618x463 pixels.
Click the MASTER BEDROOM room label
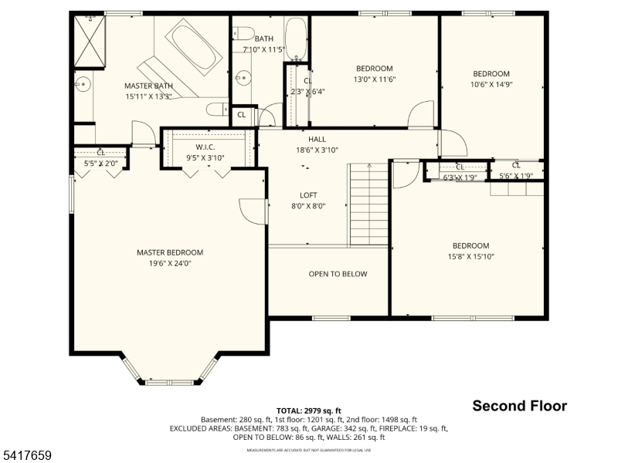click(169, 252)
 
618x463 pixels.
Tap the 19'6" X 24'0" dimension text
click(169, 263)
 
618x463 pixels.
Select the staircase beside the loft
click(368, 204)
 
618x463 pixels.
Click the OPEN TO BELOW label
click(338, 274)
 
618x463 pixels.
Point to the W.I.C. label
click(205, 147)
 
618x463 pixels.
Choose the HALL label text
click(317, 140)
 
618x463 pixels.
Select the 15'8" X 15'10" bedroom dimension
click(470, 257)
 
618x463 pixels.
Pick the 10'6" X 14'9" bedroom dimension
click(491, 85)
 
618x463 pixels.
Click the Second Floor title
click(519, 406)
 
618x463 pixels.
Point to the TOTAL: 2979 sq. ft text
click(308, 411)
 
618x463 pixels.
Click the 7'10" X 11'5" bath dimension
click(264, 49)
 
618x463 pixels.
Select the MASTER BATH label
click(148, 86)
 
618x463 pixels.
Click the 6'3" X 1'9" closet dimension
click(460, 177)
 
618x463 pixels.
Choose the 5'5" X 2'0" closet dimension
click(100, 164)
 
